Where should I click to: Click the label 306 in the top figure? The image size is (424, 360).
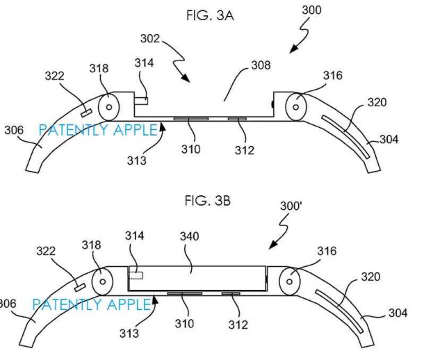click(15, 129)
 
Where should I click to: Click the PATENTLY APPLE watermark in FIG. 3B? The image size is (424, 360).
click(91, 304)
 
